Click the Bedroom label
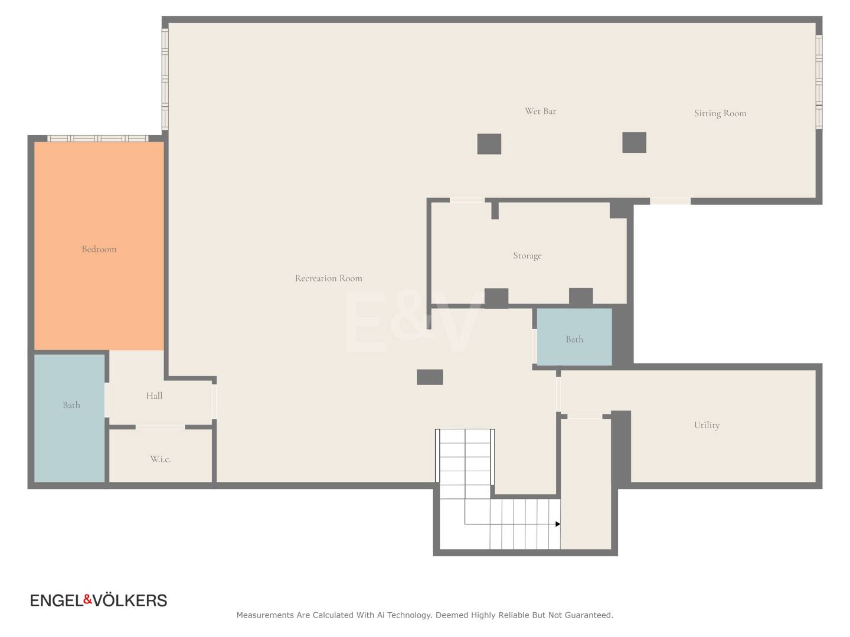coord(99,249)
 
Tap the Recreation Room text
coord(328,278)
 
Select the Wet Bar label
coord(540,111)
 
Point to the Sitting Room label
coord(720,113)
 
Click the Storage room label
coord(527,255)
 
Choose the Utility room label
coord(707,425)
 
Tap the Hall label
coord(154,396)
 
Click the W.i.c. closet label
coord(161,459)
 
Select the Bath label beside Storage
coord(574,339)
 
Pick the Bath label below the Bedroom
coord(71,405)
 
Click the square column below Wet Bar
coord(489,144)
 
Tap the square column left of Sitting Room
coord(634,142)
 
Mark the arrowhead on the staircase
coord(558,524)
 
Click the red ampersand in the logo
coord(87,599)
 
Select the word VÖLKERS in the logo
coord(130,600)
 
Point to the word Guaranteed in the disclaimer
coord(588,615)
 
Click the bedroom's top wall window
coord(97,138)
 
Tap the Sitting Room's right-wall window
coord(819,82)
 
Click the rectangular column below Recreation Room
coord(430,377)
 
